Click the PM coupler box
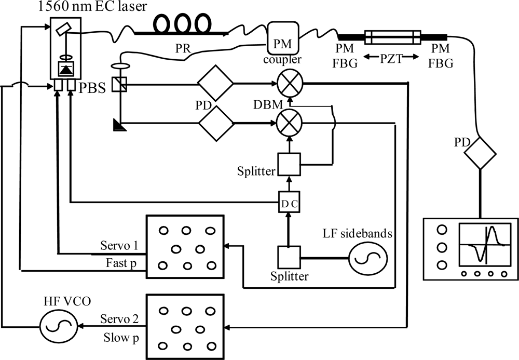coord(283,37)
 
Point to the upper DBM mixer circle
coord(290,83)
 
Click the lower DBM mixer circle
coord(290,124)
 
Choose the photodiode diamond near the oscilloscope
coord(480,153)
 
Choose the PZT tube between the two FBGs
coord(392,37)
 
